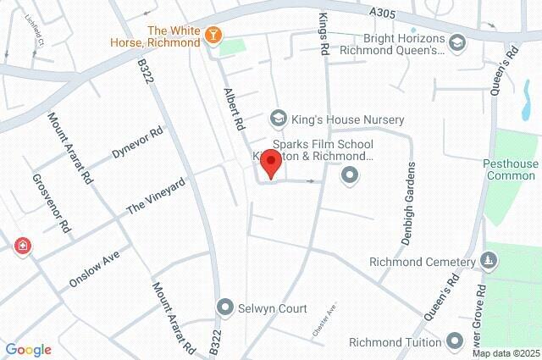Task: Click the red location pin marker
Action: (270, 163)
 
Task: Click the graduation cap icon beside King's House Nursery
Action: (276, 119)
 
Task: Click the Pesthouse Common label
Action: (512, 169)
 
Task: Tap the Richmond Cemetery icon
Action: (489, 260)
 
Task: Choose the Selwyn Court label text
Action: (273, 308)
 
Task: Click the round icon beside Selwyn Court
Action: (224, 307)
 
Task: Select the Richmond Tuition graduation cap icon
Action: (455, 342)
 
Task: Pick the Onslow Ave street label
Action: (95, 268)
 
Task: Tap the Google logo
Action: (28, 350)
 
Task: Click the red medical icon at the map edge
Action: (22, 246)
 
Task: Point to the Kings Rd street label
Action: (323, 34)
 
